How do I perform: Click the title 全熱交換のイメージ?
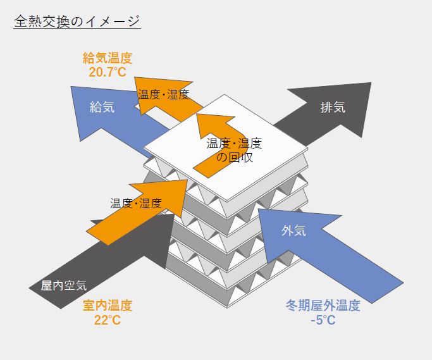coord(77,21)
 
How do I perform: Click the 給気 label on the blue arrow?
coord(102,107)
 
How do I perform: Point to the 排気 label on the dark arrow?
coord(333,107)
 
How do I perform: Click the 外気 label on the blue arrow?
coord(294,231)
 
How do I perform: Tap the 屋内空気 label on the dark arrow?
coord(64,285)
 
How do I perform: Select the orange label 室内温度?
coord(108,306)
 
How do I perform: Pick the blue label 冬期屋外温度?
coord(323,306)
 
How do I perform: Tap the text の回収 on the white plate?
coord(235,157)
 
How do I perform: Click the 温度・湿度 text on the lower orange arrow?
coord(136,203)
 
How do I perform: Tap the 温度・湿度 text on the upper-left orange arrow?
coord(163,94)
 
